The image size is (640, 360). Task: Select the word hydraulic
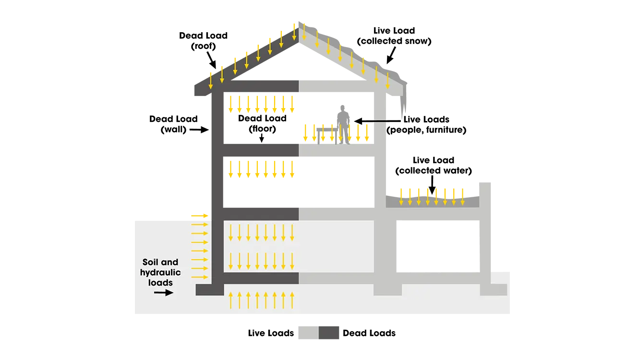pyautogui.click(x=160, y=273)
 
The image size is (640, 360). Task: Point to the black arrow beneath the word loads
pyautogui.click(x=163, y=292)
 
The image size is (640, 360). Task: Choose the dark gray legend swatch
pyautogui.click(x=330, y=332)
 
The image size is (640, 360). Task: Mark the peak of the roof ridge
pyautogui.click(x=299, y=23)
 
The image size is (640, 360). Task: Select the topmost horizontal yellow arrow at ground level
pyautogui.click(x=199, y=216)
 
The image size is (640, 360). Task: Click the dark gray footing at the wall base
pyautogui.click(x=209, y=289)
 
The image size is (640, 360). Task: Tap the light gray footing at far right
pyautogui.click(x=494, y=289)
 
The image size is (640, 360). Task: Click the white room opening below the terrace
pyautogui.click(x=437, y=245)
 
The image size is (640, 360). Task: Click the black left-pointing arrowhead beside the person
pyautogui.click(x=359, y=120)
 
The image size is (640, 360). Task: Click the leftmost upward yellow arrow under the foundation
pyautogui.click(x=230, y=300)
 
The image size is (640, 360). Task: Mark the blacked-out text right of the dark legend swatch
pyautogui.click(x=368, y=332)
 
